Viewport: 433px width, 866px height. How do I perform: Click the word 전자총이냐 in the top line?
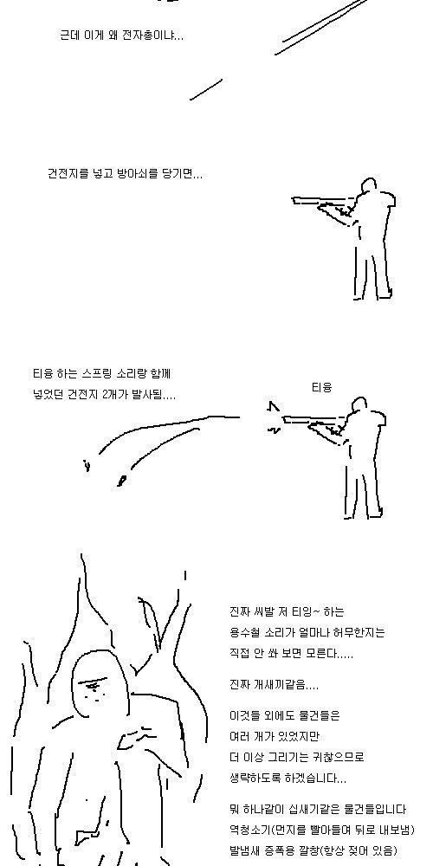pos(153,36)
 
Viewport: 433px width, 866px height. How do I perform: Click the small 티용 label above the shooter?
pos(321,388)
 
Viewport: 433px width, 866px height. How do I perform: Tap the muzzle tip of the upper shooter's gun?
pos(293,200)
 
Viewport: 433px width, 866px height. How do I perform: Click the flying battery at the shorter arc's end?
pos(121,480)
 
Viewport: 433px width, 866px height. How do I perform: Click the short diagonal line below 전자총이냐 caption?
pos(206,89)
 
